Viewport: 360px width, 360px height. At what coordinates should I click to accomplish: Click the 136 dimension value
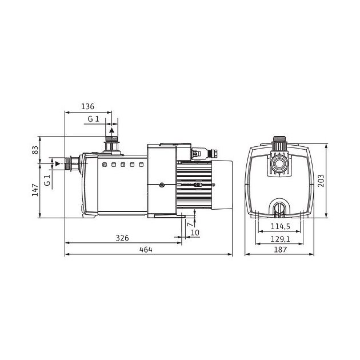(87, 106)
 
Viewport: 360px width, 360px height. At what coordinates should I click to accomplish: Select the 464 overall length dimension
(146, 249)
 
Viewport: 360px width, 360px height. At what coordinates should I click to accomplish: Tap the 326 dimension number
(122, 238)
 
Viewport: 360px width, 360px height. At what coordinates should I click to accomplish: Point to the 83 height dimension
(35, 150)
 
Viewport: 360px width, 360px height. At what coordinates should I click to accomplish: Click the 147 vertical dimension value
(35, 190)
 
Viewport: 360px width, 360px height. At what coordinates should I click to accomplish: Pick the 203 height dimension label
(321, 181)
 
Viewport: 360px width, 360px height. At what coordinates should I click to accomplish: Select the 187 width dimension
(281, 249)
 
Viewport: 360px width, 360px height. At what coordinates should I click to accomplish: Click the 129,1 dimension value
(281, 239)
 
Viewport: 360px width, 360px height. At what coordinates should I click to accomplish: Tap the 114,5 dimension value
(281, 226)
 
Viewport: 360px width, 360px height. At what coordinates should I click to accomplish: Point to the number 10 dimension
(195, 233)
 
